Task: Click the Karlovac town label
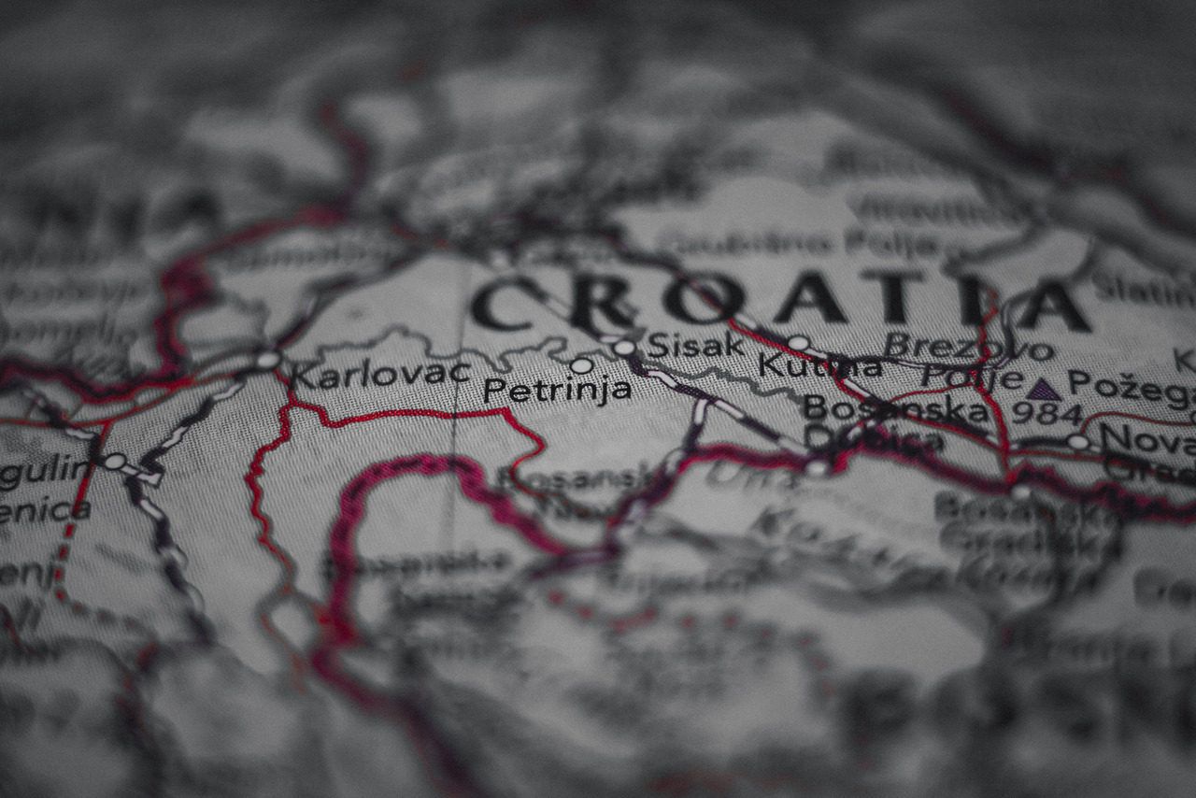379,374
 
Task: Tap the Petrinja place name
557,390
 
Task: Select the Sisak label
695,345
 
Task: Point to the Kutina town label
819,365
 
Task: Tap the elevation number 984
1047,413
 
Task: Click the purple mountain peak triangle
1043,389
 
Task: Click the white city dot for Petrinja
581,365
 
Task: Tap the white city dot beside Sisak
624,348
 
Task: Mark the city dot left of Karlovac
268,360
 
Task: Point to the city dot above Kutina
798,343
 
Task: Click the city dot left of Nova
1078,442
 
